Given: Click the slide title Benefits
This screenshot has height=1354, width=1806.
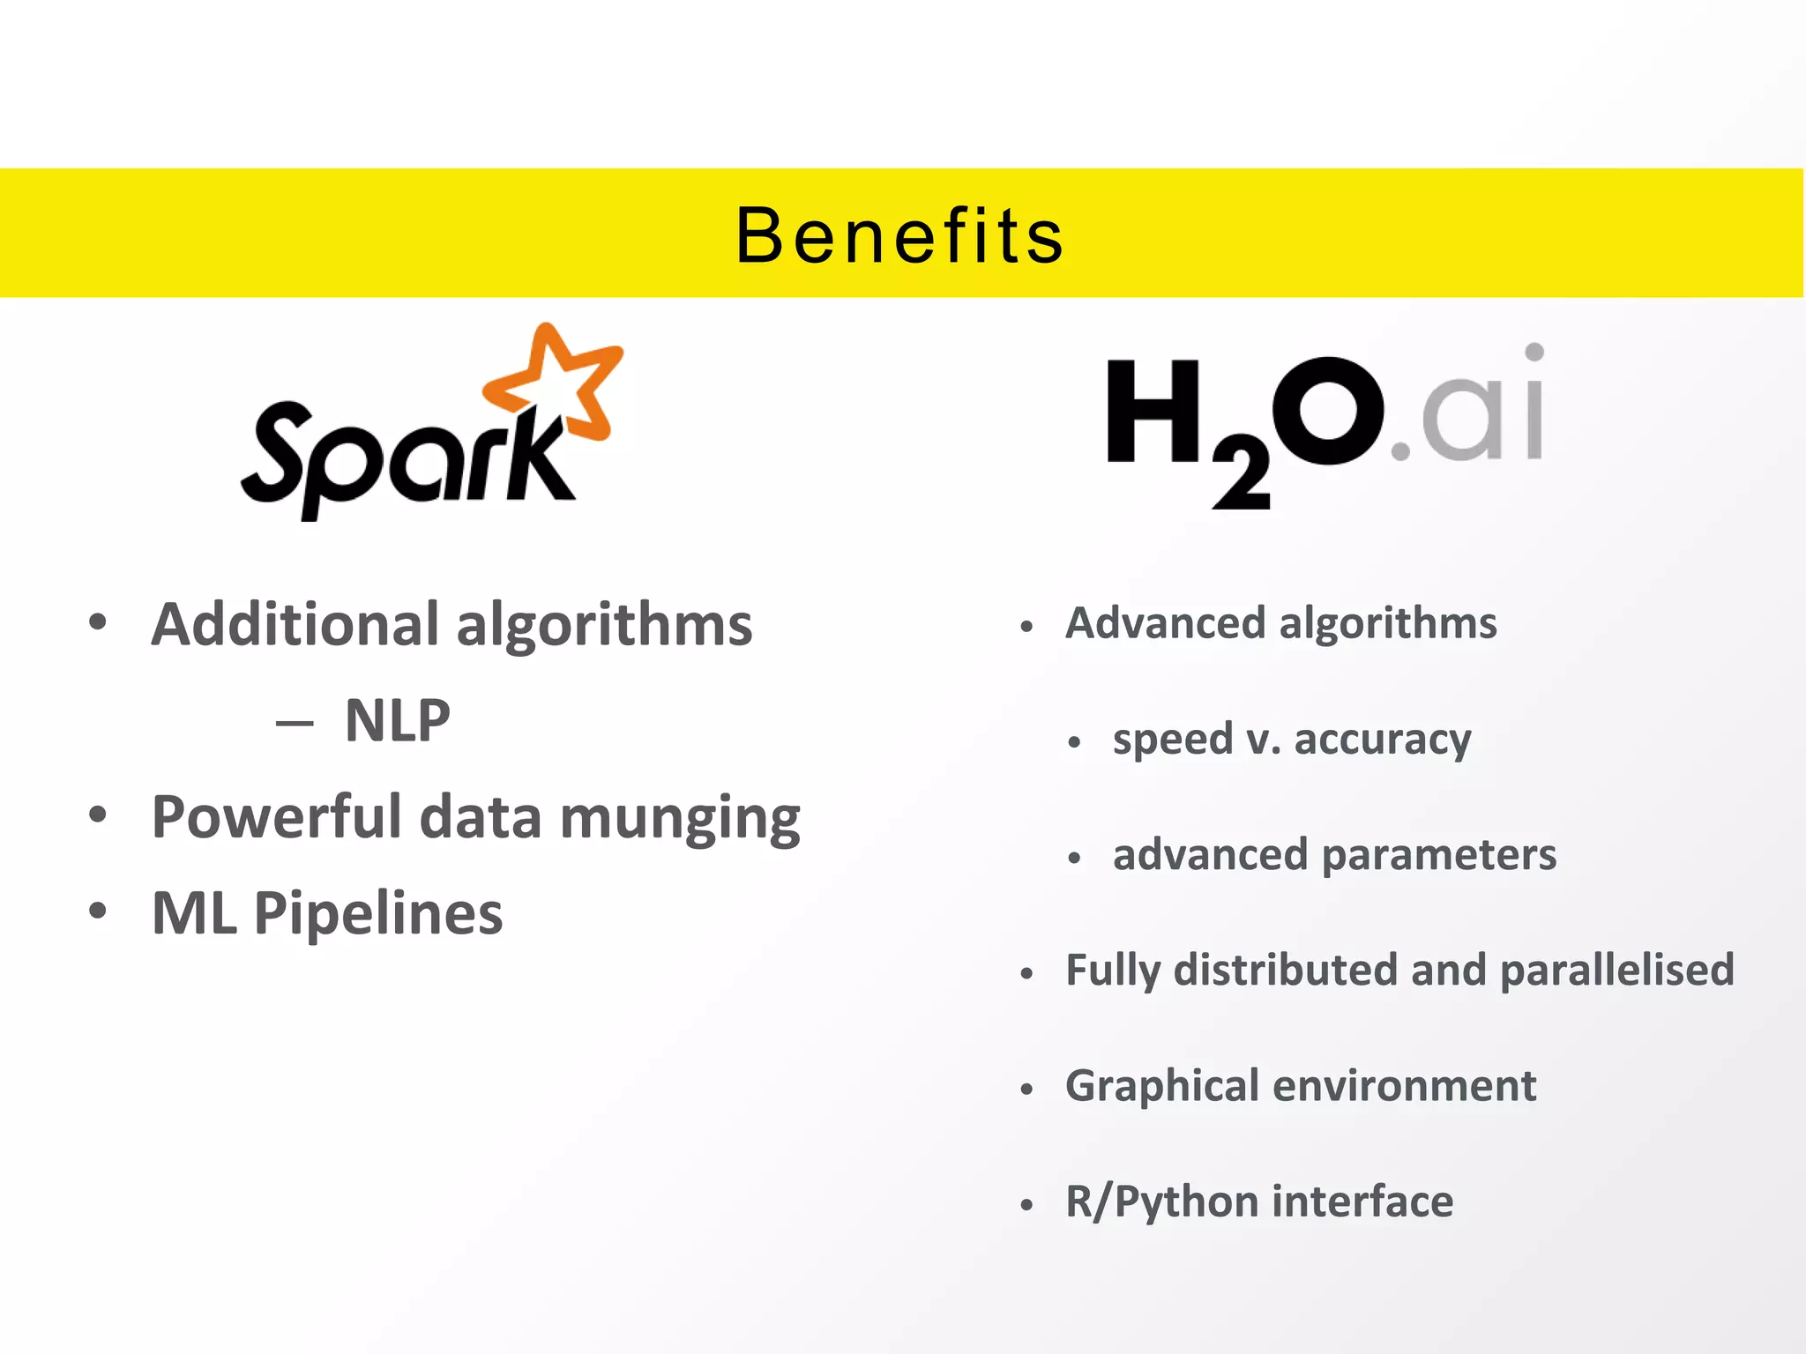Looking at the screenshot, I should pyautogui.click(x=900, y=235).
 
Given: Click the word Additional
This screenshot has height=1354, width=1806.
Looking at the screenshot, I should pyautogui.click(x=295, y=624).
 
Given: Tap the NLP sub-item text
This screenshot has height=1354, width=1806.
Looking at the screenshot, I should pyautogui.click(x=397, y=720).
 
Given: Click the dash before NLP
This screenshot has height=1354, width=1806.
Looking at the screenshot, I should pyautogui.click(x=295, y=724).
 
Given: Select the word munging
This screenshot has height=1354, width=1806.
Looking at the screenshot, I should pyautogui.click(x=679, y=818).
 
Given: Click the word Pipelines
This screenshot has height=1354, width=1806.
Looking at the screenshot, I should pyautogui.click(x=378, y=912).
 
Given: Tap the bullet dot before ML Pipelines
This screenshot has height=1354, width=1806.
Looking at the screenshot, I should pyautogui.click(x=98, y=910).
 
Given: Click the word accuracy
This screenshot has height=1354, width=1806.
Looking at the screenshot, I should pyautogui.click(x=1382, y=740).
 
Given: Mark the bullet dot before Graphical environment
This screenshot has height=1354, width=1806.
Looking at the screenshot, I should pyautogui.click(x=1026, y=1090).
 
